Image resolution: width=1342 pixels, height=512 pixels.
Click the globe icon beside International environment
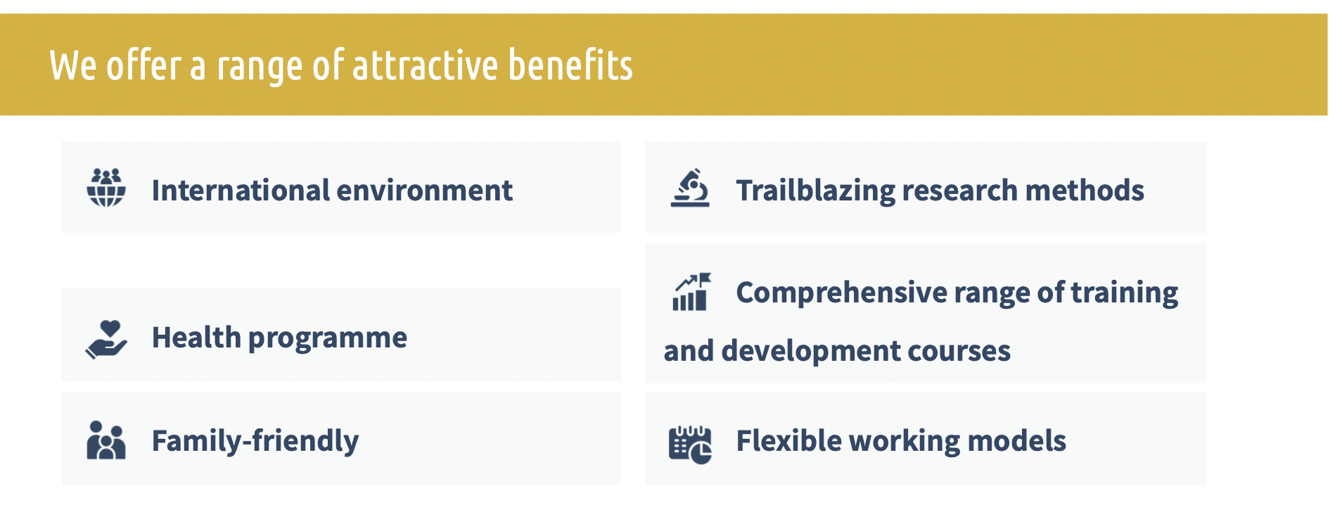[x=106, y=188]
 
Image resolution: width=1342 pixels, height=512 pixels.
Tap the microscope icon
[x=690, y=188]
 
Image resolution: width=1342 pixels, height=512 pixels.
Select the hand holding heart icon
[x=106, y=340]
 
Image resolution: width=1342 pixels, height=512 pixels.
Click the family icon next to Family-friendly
[x=106, y=440]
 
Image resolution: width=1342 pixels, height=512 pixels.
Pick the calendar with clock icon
[x=690, y=444]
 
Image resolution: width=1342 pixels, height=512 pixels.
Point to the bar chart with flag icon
[x=691, y=292]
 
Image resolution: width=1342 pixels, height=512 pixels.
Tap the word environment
[x=425, y=191]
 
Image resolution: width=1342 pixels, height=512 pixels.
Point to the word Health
[x=196, y=338]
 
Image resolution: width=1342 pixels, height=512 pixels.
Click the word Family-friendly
[x=255, y=442]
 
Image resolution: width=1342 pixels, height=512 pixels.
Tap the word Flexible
[x=788, y=441]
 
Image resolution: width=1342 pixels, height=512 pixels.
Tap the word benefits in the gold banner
[x=570, y=65]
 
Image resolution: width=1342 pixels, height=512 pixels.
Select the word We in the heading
[x=73, y=66]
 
